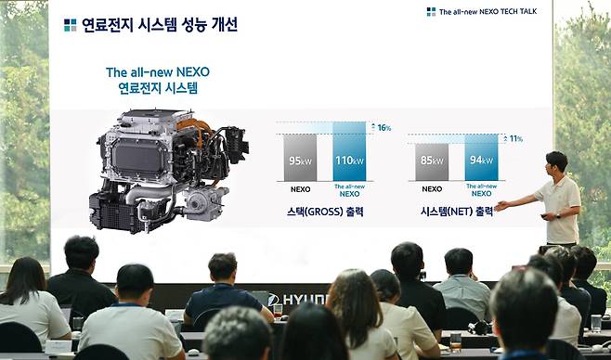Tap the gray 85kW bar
(431, 161)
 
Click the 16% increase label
(383, 128)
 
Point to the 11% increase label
(515, 139)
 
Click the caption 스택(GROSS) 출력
(325, 212)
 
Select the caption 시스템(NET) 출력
(457, 212)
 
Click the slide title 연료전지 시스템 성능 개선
(159, 25)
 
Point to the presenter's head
(556, 162)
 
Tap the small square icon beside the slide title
(70, 25)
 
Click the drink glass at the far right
(595, 323)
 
